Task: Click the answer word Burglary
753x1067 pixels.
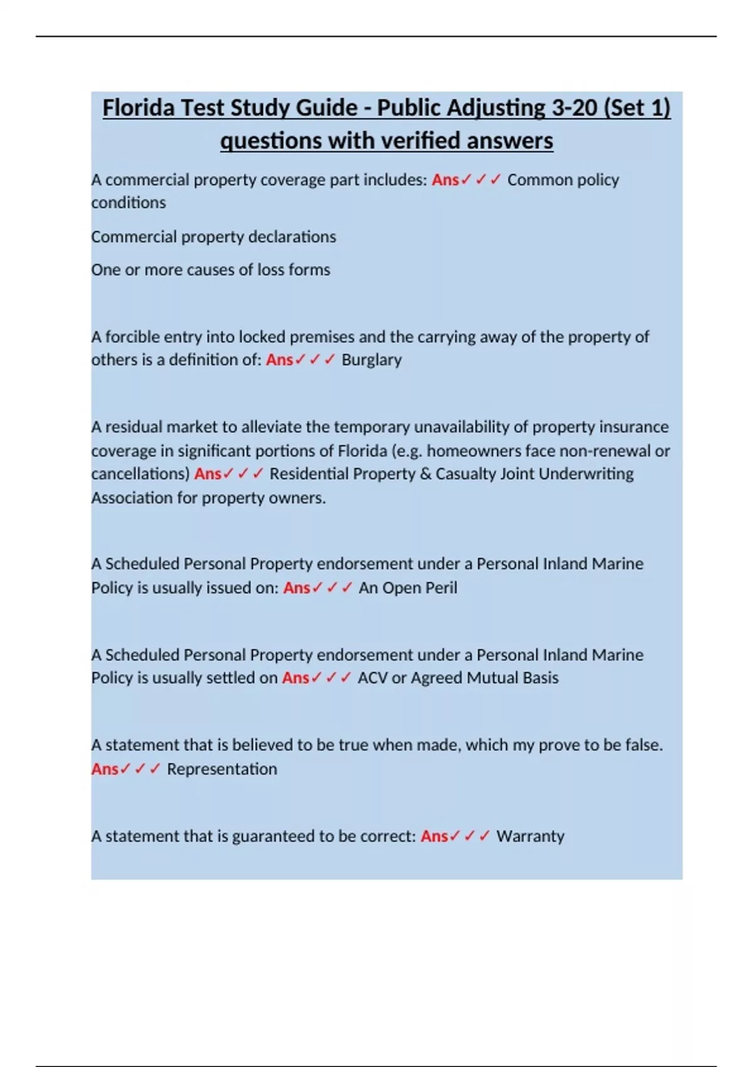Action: coord(371,360)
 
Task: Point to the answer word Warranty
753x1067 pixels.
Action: coord(530,836)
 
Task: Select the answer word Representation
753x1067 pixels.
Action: coord(222,769)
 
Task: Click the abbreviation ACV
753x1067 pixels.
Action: coord(372,678)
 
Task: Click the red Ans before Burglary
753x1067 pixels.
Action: coord(279,360)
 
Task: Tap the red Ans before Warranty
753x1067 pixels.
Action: coord(434,836)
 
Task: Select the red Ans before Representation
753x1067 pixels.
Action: coord(105,769)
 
